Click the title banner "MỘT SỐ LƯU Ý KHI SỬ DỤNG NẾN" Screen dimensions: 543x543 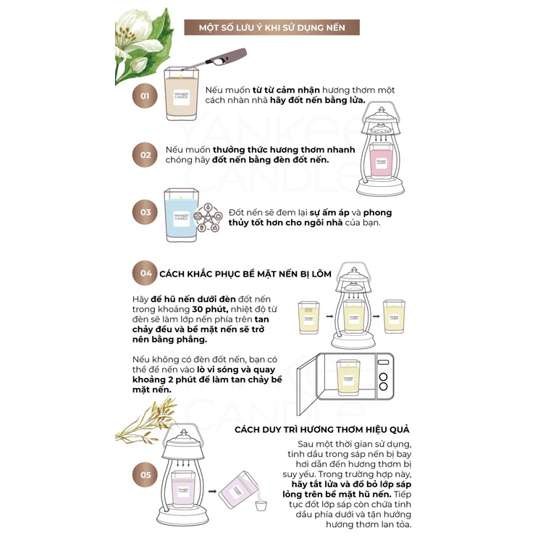pos(271,28)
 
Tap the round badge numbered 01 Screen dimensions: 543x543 pos(145,96)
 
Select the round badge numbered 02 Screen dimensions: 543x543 pos(145,155)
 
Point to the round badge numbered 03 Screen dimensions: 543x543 pos(145,212)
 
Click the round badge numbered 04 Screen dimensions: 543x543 pos(145,273)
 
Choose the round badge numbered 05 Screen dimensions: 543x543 pos(145,475)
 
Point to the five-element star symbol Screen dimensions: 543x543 pos(208,217)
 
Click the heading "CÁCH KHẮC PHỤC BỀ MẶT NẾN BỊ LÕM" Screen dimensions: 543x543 pos(245,274)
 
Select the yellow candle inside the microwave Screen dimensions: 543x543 pos(348,378)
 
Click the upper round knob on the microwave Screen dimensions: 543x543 pos(383,376)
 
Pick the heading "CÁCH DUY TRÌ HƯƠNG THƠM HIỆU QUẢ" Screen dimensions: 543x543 pos(322,430)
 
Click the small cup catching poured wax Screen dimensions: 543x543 pos(261,505)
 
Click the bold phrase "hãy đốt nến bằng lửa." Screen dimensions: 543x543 pos(318,101)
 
